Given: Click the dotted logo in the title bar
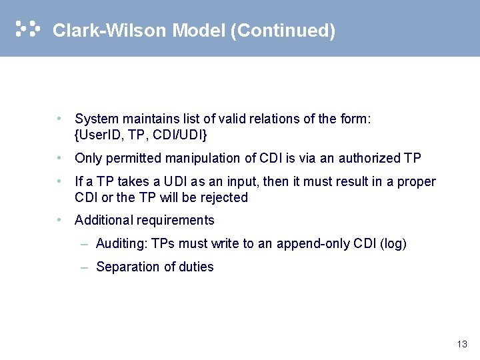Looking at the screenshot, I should pos(27,29).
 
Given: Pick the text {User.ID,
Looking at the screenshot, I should pos(99,135).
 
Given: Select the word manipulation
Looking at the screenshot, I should pos(195,159).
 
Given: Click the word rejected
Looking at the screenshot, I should pos(224,197).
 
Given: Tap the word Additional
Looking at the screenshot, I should pos(104,221).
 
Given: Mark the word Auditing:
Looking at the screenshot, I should pos(122,244).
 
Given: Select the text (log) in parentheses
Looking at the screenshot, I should pos(393,244).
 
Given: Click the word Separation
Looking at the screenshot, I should pos(127,267).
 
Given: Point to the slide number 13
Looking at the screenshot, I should pos(462,345).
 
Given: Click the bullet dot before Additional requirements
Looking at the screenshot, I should pos(60,220).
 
